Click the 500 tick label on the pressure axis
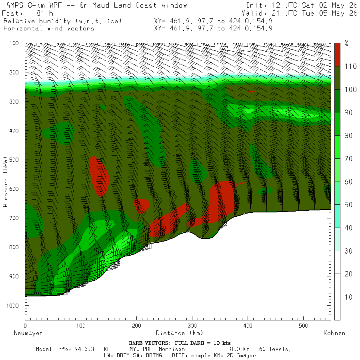(x=14, y=160)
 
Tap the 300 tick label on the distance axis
(x=192, y=326)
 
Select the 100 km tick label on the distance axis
(x=81, y=326)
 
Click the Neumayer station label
(x=28, y=333)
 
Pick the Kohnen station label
(x=334, y=333)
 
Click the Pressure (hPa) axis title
(x=5, y=182)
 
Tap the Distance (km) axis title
(x=180, y=333)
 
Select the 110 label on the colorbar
(x=350, y=66)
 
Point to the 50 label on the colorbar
(x=348, y=205)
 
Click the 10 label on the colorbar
(x=348, y=297)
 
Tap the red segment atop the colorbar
(x=337, y=55)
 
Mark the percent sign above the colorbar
(x=346, y=43)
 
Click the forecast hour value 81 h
(x=44, y=13)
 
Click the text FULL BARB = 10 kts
(x=203, y=343)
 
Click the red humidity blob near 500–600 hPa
(x=99, y=176)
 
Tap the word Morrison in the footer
(x=172, y=349)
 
